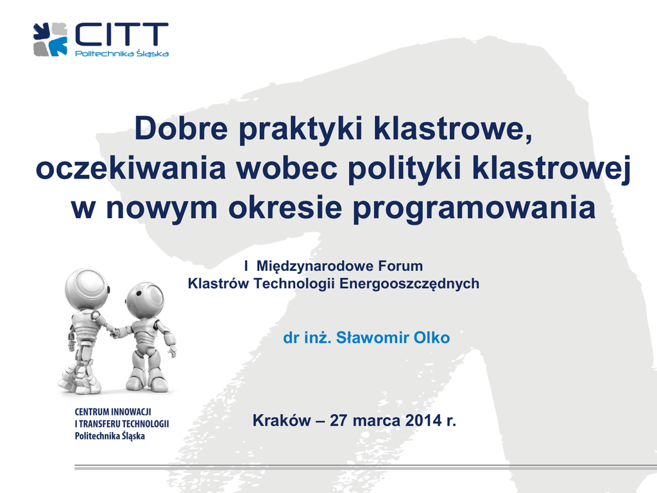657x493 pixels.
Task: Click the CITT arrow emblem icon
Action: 50,39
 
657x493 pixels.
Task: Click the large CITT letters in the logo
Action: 121,35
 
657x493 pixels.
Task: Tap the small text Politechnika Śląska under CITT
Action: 122,53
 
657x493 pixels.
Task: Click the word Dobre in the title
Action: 181,128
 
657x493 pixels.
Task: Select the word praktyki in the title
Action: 300,130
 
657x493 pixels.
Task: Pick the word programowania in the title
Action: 474,209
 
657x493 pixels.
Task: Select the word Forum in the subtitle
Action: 400,266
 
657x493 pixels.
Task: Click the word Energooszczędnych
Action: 409,284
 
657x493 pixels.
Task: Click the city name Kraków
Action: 282,420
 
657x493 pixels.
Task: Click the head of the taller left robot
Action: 87,289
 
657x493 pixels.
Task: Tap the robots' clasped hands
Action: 113,331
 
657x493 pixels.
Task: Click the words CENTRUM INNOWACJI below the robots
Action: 113,411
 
